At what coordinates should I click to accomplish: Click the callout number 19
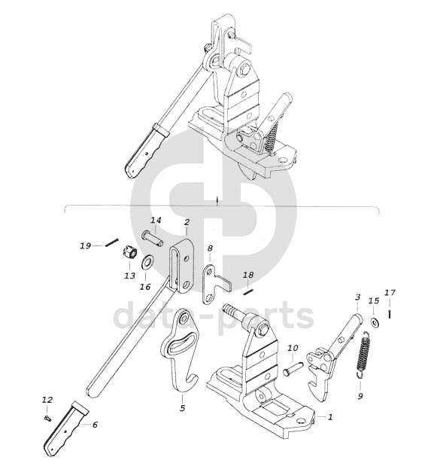[85, 246]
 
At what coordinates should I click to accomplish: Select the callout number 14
[156, 221]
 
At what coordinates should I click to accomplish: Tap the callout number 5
[182, 408]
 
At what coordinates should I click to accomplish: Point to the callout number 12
[47, 400]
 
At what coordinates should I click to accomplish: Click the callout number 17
[390, 293]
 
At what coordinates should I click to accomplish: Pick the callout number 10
[293, 348]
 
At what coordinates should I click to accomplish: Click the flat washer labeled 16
[147, 261]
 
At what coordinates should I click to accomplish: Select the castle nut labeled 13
[129, 253]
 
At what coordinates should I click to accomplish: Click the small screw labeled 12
[47, 419]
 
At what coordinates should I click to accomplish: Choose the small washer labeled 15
[374, 322]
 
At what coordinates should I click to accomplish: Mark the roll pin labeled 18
[247, 291]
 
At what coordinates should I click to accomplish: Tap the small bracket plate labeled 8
[216, 285]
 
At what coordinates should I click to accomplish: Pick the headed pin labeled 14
[153, 239]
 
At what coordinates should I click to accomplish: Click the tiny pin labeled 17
[390, 314]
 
